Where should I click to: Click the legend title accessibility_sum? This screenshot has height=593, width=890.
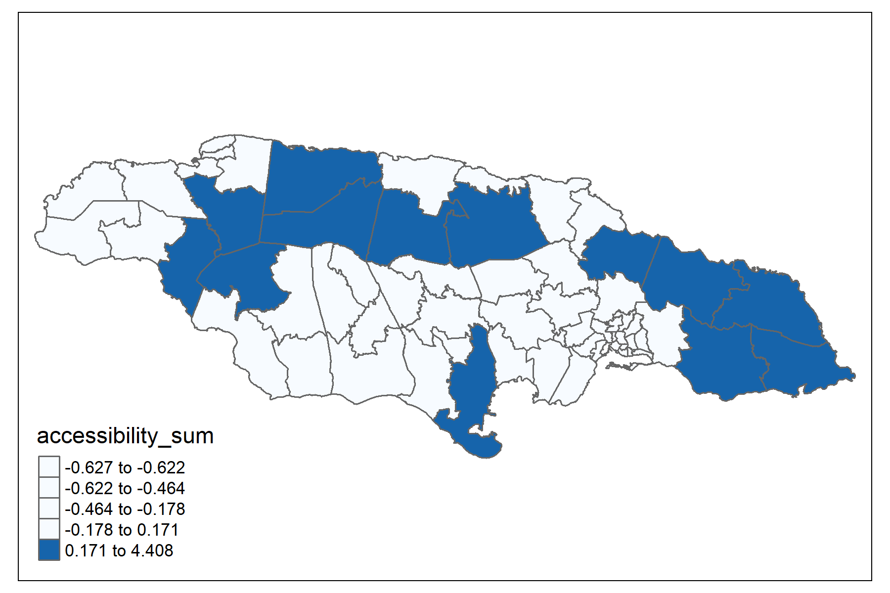pos(125,436)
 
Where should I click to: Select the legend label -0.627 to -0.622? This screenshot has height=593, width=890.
pos(125,467)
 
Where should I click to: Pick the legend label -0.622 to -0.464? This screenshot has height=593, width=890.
pos(125,488)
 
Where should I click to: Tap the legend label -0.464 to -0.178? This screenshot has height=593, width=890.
pos(125,509)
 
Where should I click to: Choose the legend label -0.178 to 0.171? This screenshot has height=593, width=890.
pos(122,530)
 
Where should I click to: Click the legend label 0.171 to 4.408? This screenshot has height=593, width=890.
pos(119,551)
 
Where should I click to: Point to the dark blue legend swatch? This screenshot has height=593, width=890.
pos(49,551)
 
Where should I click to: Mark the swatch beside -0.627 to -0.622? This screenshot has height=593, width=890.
pos(49,466)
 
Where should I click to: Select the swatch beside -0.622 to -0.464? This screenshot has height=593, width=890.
pos(49,488)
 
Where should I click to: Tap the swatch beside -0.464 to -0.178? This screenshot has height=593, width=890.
pos(49,508)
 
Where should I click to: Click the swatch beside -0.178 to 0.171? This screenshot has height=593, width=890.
pos(49,529)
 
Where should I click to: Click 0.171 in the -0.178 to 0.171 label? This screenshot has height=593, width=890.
pos(158,530)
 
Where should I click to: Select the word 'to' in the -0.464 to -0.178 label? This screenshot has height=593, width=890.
pos(125,509)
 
